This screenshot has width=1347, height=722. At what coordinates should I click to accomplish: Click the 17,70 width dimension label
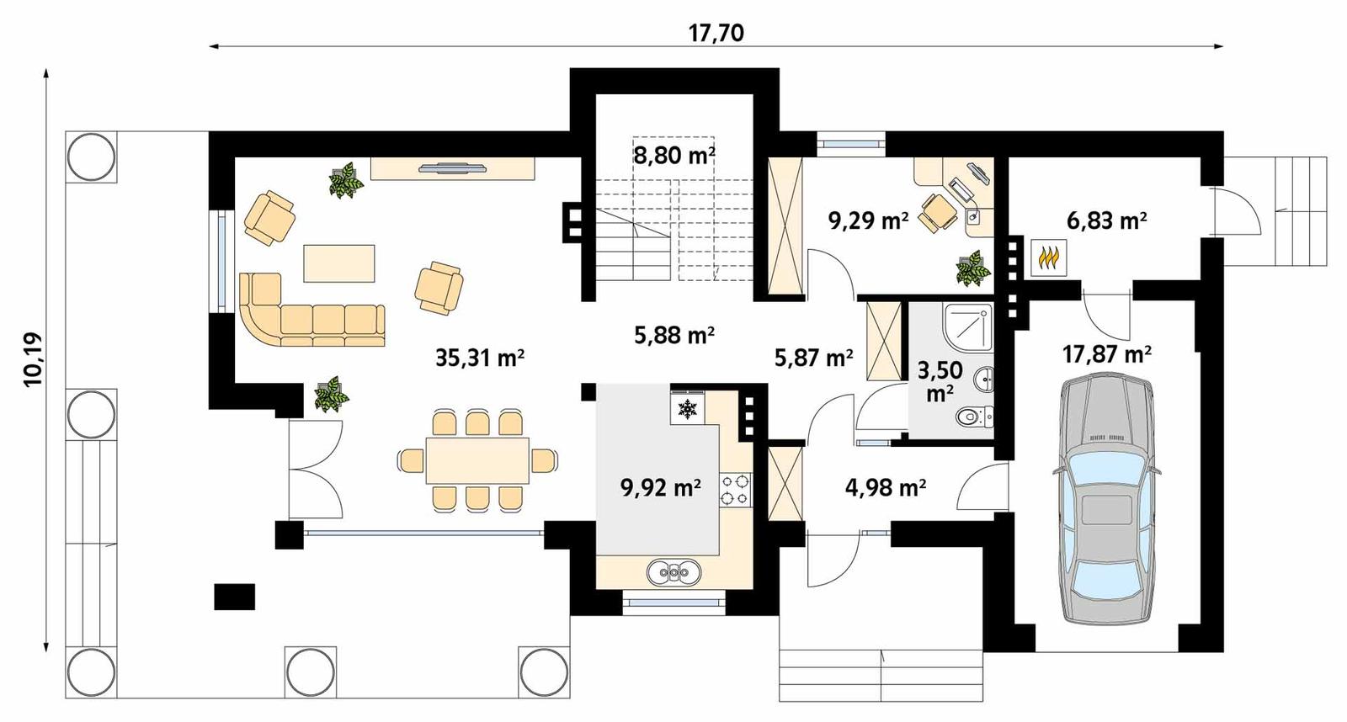(716, 33)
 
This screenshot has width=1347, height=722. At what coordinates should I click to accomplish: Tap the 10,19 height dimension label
(34, 360)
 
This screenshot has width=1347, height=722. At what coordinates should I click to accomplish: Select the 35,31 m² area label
(480, 358)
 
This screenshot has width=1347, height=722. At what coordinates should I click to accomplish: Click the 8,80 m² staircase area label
(674, 156)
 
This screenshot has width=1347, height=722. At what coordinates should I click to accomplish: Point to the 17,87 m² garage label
(1106, 354)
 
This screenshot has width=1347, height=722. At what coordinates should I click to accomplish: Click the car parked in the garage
(1105, 501)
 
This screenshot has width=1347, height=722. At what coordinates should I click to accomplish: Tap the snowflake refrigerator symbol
(689, 410)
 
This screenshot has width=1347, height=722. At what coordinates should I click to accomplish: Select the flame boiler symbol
(1049, 257)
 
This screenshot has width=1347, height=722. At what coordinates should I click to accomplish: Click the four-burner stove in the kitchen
(735, 490)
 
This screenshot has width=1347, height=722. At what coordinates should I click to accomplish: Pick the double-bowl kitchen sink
(674, 573)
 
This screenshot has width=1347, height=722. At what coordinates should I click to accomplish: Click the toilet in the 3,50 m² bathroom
(977, 416)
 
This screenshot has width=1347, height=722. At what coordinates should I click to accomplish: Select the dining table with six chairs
(477, 459)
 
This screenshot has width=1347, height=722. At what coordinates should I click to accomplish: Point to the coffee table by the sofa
(339, 263)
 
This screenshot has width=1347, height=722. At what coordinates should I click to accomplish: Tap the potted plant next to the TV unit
(345, 180)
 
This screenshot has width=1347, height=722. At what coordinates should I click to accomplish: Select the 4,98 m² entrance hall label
(885, 487)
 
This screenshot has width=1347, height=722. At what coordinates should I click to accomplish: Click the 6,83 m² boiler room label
(1106, 221)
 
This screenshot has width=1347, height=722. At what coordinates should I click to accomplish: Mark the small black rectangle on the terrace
(234, 596)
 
